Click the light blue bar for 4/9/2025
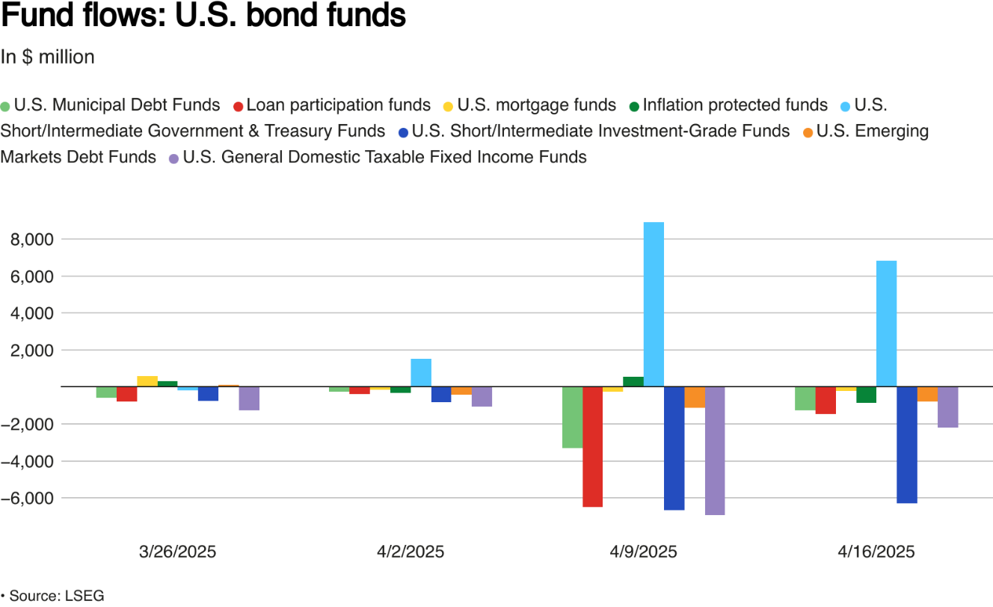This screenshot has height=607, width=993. coord(654,304)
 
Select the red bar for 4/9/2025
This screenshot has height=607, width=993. coord(592,446)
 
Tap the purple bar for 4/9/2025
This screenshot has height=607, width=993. coord(715,451)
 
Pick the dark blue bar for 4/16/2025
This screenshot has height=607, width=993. coord(906,445)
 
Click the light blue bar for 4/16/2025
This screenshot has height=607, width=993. coord(886,324)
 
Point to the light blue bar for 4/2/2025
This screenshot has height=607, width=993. coord(421,372)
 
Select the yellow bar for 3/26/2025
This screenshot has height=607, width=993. coord(147,381)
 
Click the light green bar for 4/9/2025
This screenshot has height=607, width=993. coord(572,417)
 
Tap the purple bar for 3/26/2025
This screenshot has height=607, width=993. coord(249,398)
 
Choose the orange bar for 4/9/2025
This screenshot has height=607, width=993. coord(695,397)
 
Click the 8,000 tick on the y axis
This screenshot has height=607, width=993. coord(32,240)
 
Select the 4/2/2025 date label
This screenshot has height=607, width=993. coord(411,552)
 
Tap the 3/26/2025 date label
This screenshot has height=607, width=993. coord(178,552)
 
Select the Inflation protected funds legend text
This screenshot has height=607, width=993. coord(735,105)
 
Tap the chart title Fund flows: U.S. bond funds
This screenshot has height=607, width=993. coord(203,16)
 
